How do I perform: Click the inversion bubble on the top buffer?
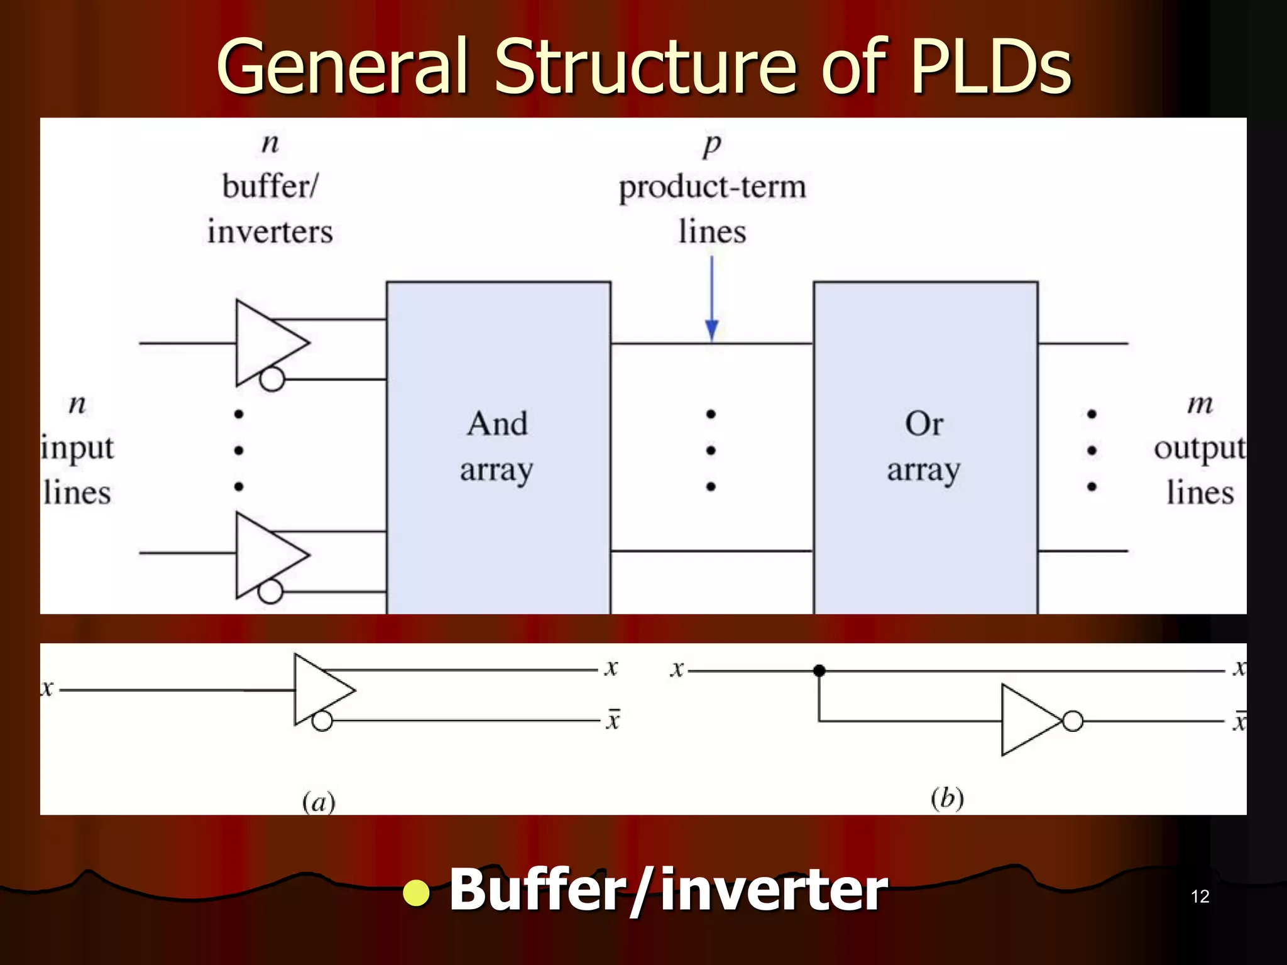272,379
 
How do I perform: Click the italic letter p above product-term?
712,145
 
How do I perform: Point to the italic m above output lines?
1200,404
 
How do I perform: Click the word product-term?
712,187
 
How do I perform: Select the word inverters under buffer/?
270,232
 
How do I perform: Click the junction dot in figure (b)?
819,670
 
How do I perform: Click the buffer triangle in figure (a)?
319,689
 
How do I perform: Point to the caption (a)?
319,802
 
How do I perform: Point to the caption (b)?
947,799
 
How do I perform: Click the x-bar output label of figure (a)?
613,719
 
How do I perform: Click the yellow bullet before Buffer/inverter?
416,893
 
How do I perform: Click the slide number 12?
1200,897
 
